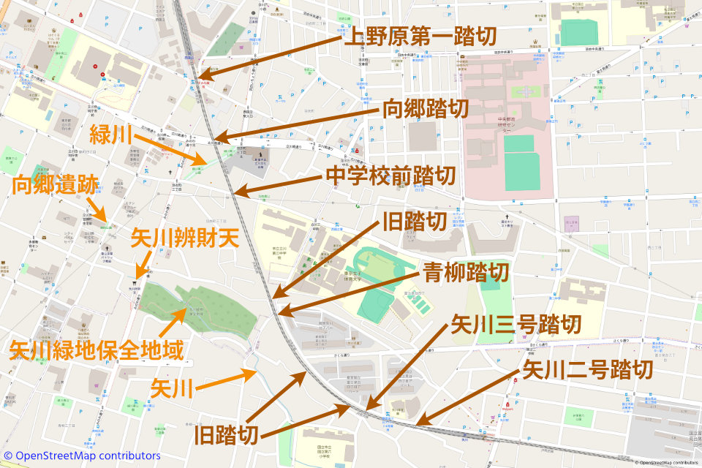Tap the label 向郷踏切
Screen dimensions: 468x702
pyautogui.click(x=426, y=110)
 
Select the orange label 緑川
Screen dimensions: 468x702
pyautogui.click(x=110, y=135)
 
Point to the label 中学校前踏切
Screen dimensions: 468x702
pyautogui.click(x=390, y=176)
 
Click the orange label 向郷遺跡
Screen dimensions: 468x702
pyautogui.click(x=55, y=186)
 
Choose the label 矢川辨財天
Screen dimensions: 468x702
pyautogui.click(x=185, y=238)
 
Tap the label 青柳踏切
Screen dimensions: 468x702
pyautogui.click(x=466, y=273)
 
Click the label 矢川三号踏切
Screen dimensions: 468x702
pyautogui.click(x=516, y=323)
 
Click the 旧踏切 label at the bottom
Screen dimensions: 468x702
pyautogui.click(x=227, y=436)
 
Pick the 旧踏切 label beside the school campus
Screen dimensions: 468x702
pyautogui.click(x=414, y=222)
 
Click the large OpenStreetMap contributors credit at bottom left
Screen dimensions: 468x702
pyautogui.click(x=82, y=456)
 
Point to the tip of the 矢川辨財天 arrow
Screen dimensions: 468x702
pyautogui.click(x=137, y=275)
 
